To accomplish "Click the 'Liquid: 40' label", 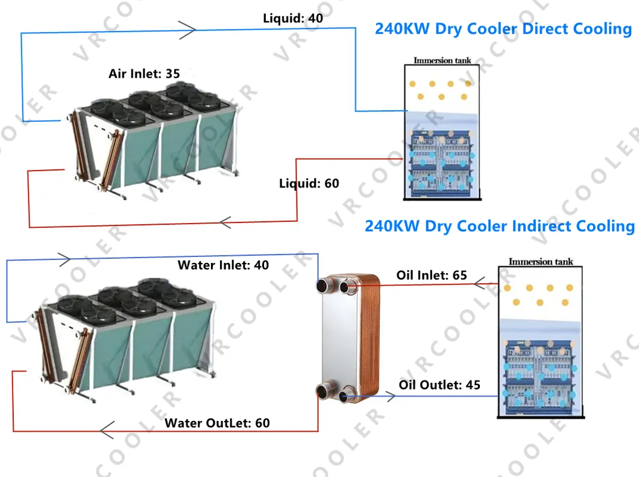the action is point(292,18).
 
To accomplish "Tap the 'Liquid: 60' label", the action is point(309,183).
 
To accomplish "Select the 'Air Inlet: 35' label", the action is point(144,74).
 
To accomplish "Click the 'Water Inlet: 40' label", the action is point(223,265).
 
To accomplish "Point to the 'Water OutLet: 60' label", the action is point(217,423).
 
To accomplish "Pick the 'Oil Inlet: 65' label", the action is point(432,276).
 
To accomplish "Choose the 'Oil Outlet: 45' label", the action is point(439,384).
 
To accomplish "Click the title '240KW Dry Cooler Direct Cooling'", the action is point(503,29).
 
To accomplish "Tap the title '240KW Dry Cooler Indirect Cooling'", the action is point(499,226).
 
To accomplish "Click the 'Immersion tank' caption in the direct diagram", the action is point(442,60).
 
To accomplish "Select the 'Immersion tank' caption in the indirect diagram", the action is point(541,262).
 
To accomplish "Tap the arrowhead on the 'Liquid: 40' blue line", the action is point(189,28).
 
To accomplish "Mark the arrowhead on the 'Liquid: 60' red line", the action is point(225,223).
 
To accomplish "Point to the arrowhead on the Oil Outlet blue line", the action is point(389,396).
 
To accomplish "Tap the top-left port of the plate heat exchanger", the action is point(324,285).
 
